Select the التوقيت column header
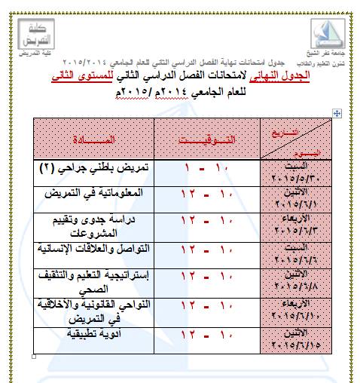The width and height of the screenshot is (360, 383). pyautogui.click(x=206, y=139)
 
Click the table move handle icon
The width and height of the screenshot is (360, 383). pyautogui.click(x=337, y=112)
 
